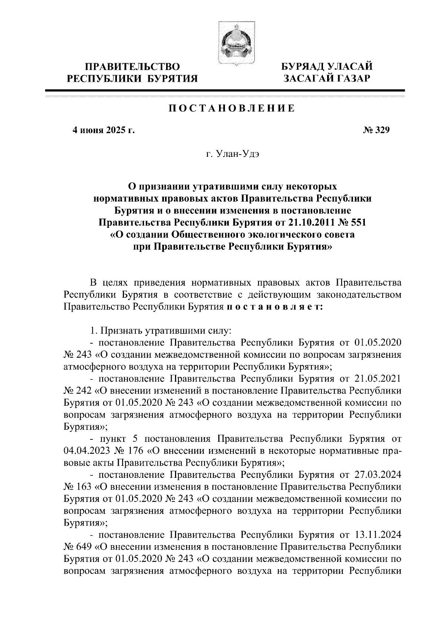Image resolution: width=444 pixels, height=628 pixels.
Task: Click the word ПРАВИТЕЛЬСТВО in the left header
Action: [x=133, y=67]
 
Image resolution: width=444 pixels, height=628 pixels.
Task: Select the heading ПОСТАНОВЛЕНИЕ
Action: [x=232, y=109]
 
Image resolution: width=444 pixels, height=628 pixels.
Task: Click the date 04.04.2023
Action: [x=83, y=451]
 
